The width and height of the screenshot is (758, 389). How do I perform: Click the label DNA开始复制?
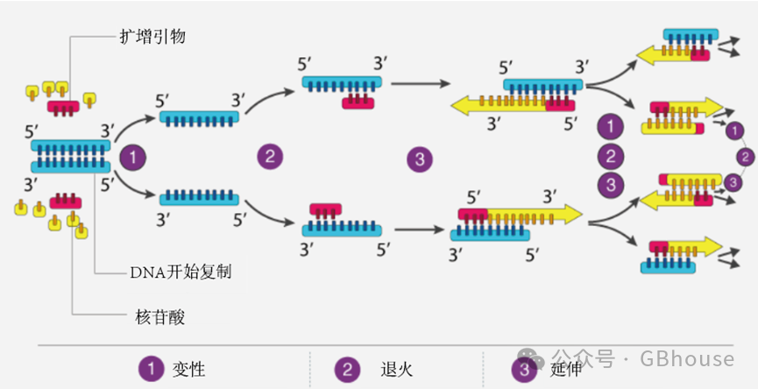180,272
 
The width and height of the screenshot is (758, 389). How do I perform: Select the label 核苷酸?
154,314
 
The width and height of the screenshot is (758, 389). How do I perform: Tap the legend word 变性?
189,369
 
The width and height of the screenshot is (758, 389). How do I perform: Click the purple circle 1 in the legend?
151,369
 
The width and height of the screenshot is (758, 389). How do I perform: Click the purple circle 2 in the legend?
348,369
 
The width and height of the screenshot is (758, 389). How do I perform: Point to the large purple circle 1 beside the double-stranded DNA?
132,158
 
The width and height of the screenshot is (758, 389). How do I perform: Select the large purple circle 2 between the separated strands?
270,158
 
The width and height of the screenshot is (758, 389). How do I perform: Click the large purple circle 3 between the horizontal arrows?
420,159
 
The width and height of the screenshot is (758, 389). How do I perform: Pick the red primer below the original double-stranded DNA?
66,202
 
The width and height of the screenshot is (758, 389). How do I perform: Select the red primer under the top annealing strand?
358,103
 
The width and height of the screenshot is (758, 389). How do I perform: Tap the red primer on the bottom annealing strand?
325,210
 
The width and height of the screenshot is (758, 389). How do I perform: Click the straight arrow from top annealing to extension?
418,84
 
